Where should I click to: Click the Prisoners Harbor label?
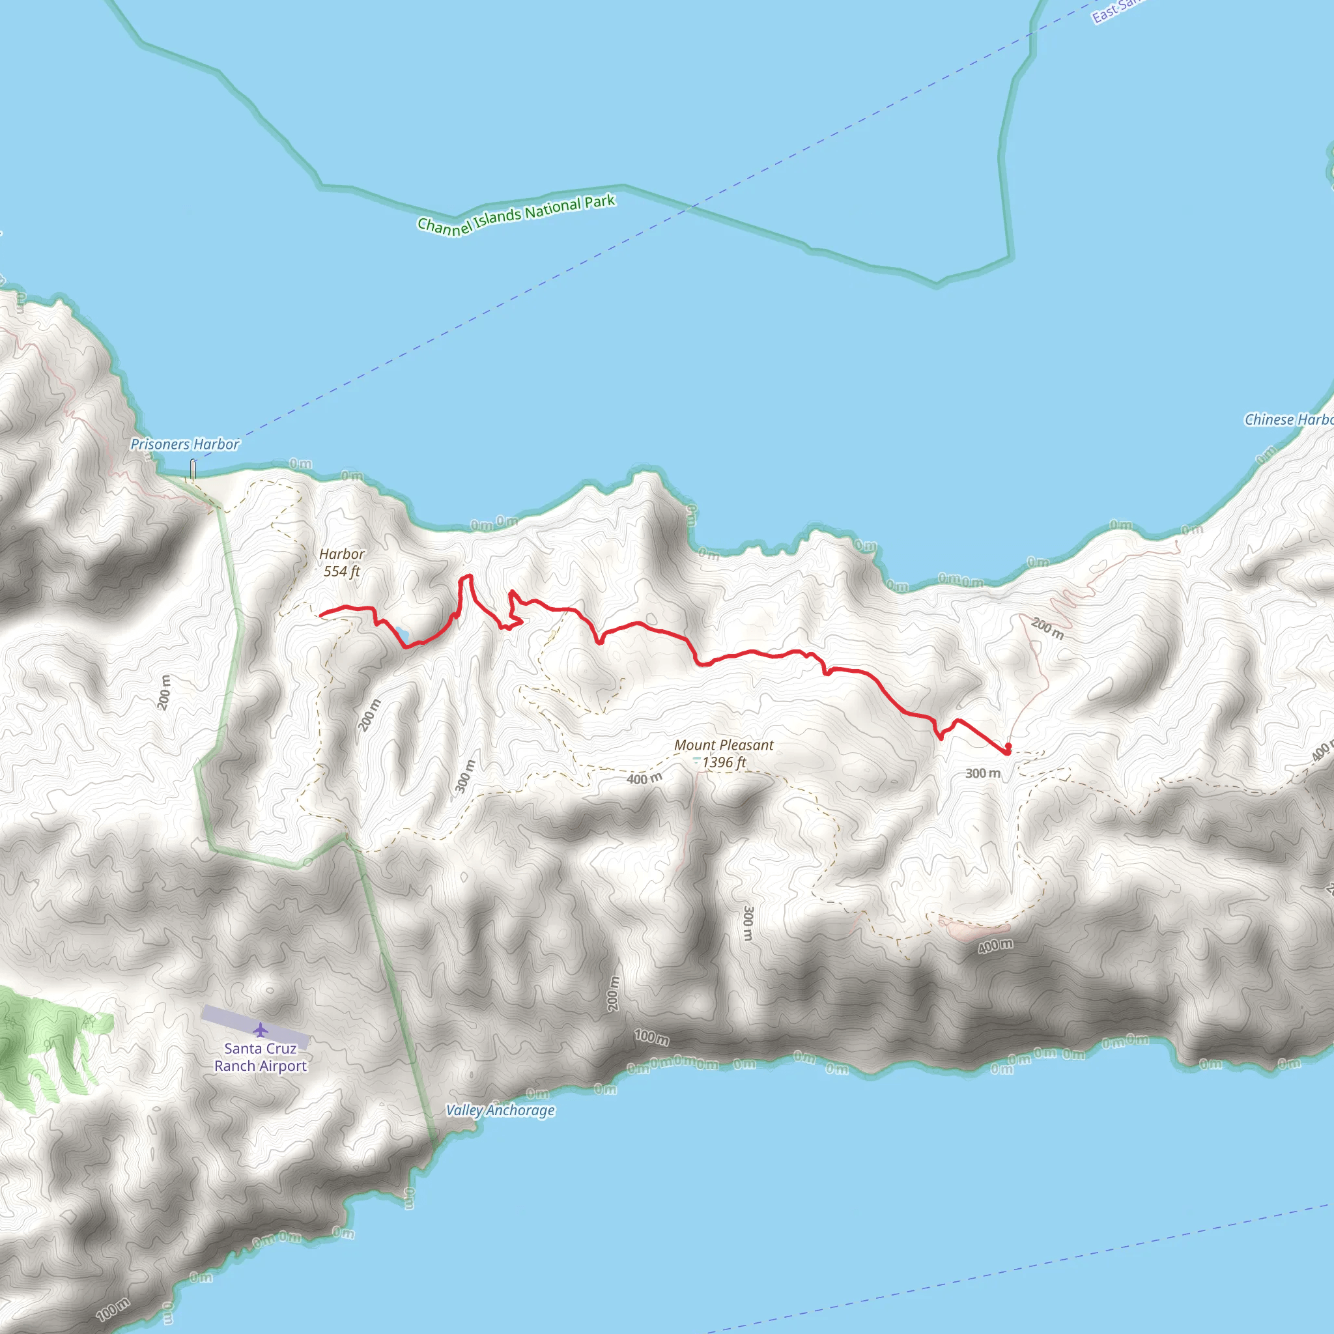(x=184, y=444)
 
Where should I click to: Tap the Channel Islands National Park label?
(x=516, y=215)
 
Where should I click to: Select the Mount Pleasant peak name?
(x=724, y=745)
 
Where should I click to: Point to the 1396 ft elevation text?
(x=724, y=762)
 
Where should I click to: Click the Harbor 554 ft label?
(x=342, y=562)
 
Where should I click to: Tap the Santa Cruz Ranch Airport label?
(x=261, y=1057)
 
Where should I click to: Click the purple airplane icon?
(x=261, y=1030)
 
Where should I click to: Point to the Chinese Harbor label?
(x=1288, y=419)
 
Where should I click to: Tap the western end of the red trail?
(x=321, y=614)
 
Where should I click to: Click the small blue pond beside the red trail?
(x=401, y=632)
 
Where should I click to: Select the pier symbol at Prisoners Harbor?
(x=193, y=469)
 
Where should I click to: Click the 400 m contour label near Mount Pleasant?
(x=644, y=779)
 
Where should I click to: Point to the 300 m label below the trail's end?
(x=982, y=773)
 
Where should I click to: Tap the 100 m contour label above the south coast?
(x=651, y=1037)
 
